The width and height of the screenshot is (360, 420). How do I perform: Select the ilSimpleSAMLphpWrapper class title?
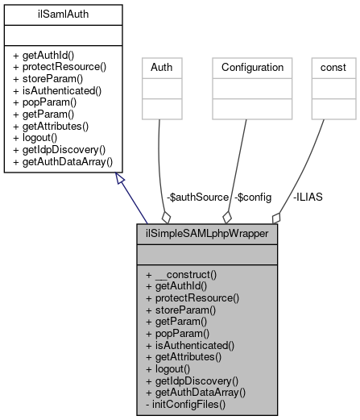pyautogui.click(x=208, y=235)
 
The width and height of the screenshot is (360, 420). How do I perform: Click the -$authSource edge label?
pyautogui.click(x=197, y=197)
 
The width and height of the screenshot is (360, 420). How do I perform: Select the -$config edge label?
pyautogui.click(x=253, y=197)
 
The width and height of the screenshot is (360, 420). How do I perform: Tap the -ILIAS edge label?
pyautogui.click(x=308, y=197)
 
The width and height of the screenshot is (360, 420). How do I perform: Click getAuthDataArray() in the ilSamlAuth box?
pyautogui.click(x=63, y=162)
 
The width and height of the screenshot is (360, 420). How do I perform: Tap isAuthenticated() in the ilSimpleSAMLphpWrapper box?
pyautogui.click(x=190, y=344)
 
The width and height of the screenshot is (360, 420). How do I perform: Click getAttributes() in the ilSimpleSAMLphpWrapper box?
pyautogui.click(x=185, y=356)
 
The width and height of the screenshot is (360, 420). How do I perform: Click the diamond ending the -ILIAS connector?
pyautogui.click(x=276, y=218)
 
